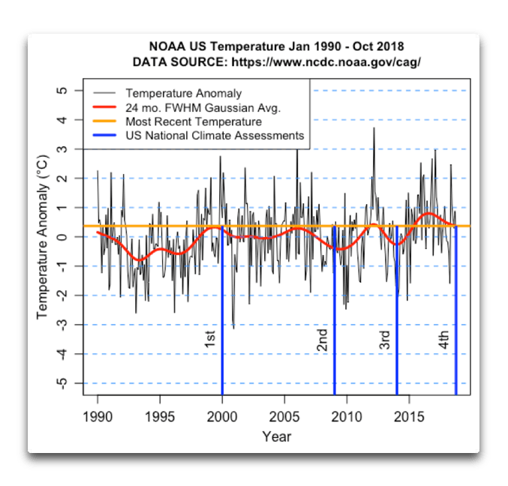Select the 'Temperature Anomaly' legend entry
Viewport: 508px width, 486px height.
(183, 93)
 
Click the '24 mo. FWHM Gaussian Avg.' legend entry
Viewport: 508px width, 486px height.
(203, 107)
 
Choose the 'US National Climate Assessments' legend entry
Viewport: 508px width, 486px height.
(215, 136)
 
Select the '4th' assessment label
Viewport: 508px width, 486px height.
(444, 339)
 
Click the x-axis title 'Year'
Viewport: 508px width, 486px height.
(276, 436)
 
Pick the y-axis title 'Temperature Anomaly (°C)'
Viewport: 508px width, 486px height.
(43, 237)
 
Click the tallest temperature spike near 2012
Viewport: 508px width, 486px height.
(374, 129)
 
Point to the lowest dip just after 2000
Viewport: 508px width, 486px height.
(233, 327)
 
